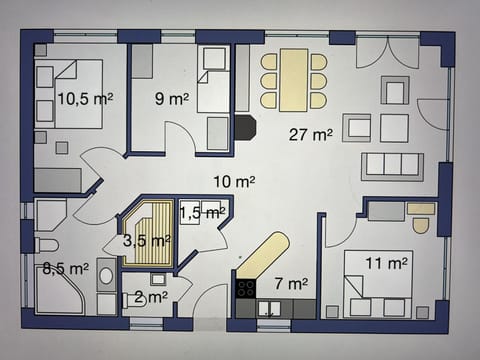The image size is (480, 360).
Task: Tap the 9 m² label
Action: (x=171, y=99)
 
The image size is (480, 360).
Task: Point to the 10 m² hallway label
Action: (x=233, y=181)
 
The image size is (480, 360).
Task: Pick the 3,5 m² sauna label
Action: (x=146, y=241)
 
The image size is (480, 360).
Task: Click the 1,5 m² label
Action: (x=201, y=212)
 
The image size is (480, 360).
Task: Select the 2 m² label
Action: (x=150, y=297)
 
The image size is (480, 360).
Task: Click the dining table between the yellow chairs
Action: (x=294, y=79)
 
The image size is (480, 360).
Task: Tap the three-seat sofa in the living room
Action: (x=392, y=165)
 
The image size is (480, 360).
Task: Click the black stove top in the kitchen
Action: (x=245, y=289)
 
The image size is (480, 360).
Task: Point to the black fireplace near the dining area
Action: (x=245, y=126)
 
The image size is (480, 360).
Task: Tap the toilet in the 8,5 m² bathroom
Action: (x=46, y=245)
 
